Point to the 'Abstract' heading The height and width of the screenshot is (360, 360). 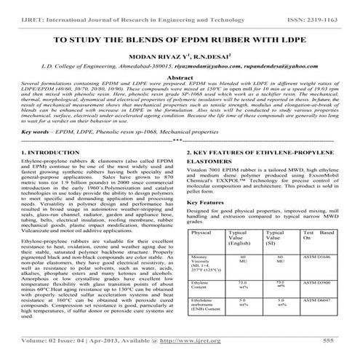(x=180, y=76)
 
